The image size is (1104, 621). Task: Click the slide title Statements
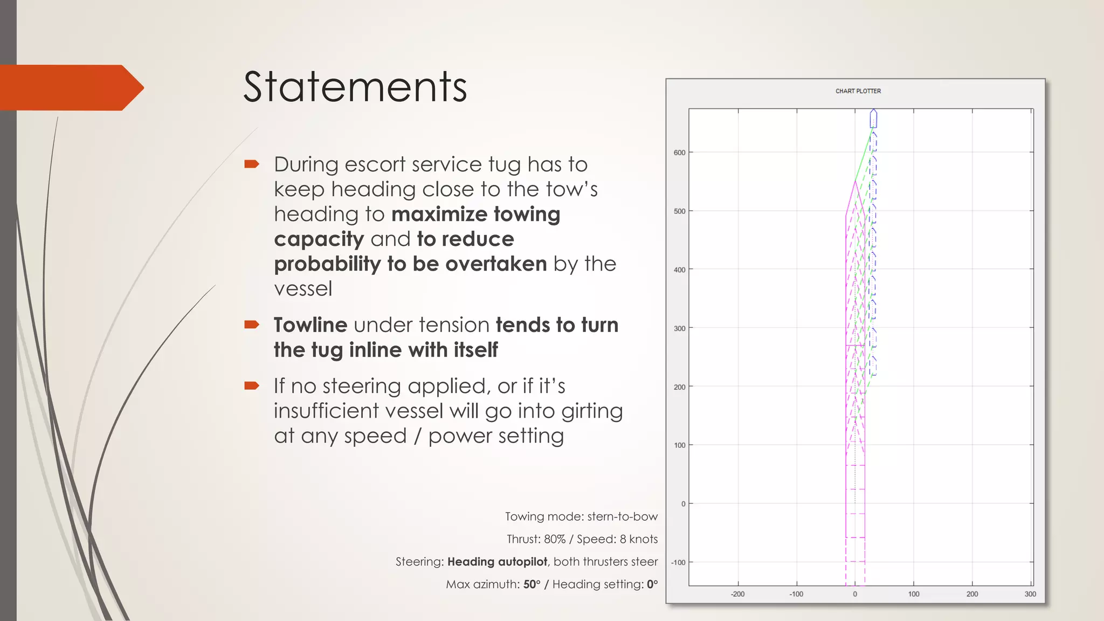point(355,87)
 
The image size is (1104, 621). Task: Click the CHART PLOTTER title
point(858,91)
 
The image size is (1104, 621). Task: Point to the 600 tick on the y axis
point(679,153)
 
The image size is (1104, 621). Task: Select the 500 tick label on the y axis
point(679,211)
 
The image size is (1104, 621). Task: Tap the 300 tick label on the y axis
point(679,328)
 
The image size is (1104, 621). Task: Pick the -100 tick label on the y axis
point(678,562)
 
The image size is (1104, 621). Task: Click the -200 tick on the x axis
point(737,594)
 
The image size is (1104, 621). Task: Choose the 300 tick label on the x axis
point(1030,594)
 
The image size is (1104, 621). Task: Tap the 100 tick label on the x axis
point(914,594)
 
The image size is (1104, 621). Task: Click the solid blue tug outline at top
point(873,119)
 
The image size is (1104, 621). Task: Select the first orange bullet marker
point(252,164)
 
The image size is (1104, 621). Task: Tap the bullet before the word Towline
point(252,325)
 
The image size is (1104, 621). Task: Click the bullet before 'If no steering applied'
point(252,385)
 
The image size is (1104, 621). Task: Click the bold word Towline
point(310,325)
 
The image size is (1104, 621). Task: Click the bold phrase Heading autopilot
point(497,562)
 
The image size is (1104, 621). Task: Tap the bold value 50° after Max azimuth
point(532,584)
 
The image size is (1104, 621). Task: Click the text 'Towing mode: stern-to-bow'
point(581,516)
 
